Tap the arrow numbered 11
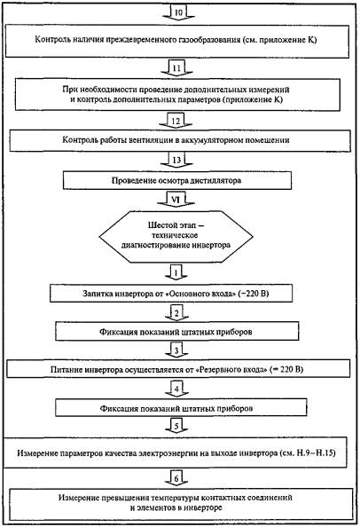[176, 69]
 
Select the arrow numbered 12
[176, 121]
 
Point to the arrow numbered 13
[176, 161]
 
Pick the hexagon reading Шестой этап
[176, 237]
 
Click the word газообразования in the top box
[213, 40]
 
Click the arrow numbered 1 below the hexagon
[176, 273]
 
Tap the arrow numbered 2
[176, 313]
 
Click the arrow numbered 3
[176, 350]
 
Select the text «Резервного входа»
[231, 370]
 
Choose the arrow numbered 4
[176, 389]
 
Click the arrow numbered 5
[176, 426]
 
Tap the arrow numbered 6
[176, 478]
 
